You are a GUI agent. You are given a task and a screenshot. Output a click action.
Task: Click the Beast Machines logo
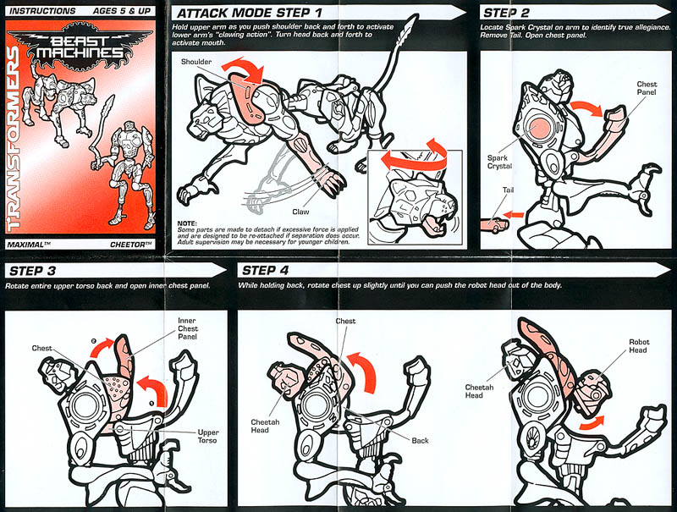80,47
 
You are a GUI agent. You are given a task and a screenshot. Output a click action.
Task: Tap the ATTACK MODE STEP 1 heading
250,14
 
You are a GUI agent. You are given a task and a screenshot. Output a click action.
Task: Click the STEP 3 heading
32,271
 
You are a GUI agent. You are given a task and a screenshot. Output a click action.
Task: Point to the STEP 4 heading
265,271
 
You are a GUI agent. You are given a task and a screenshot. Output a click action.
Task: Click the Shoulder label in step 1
196,62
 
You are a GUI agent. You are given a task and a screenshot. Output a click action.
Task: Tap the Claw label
300,212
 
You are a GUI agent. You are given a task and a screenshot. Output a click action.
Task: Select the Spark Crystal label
499,162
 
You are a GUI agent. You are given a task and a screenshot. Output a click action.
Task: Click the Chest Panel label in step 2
647,88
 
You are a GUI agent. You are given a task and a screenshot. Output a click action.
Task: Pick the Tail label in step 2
508,190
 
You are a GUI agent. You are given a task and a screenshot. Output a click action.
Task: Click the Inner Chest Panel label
187,328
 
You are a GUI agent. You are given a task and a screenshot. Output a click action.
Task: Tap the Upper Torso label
207,436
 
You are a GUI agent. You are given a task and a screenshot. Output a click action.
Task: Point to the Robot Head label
639,346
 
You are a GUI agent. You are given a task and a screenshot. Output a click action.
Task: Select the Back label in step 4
420,440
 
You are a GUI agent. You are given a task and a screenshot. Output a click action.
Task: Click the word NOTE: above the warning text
187,223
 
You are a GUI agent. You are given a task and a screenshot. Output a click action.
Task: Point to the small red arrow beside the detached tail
513,214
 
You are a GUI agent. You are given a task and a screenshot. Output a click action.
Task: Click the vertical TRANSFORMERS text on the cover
14,138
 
